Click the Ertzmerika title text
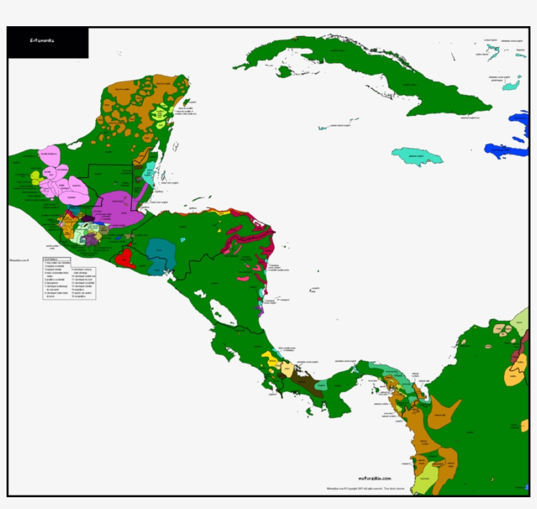pos(42,40)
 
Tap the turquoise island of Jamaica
pos(417,156)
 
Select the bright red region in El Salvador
pos(124,256)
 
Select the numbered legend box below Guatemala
pos(69,279)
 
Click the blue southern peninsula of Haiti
pos(504,151)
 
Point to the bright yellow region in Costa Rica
pos(269,359)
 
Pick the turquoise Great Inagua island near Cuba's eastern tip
pos(511,83)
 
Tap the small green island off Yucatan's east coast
pos(186,102)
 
